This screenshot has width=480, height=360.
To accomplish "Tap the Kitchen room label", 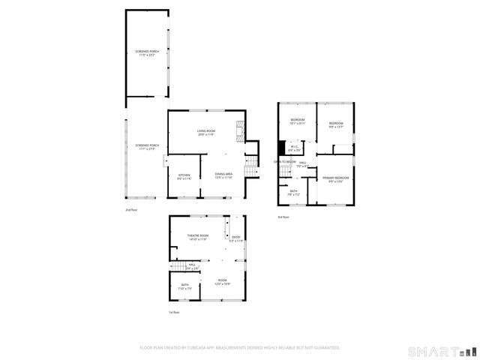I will (184, 178).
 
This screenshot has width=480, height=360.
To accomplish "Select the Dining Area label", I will (223, 175).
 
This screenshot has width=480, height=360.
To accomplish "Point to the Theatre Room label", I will (198, 238).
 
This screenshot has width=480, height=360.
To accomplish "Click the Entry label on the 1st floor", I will (235, 239).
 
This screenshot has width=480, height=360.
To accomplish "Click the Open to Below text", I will (284, 161).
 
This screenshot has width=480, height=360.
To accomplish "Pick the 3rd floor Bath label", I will (294, 193).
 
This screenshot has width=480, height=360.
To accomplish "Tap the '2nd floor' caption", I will (131, 211).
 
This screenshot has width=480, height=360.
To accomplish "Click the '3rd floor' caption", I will (283, 217).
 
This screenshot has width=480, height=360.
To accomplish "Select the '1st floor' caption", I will (174, 312).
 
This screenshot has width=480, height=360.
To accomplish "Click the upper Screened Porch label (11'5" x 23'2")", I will (147, 53).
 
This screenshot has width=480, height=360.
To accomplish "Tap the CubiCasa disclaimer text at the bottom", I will (240, 348).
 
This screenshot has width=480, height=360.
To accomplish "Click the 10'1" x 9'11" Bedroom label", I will (298, 122).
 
